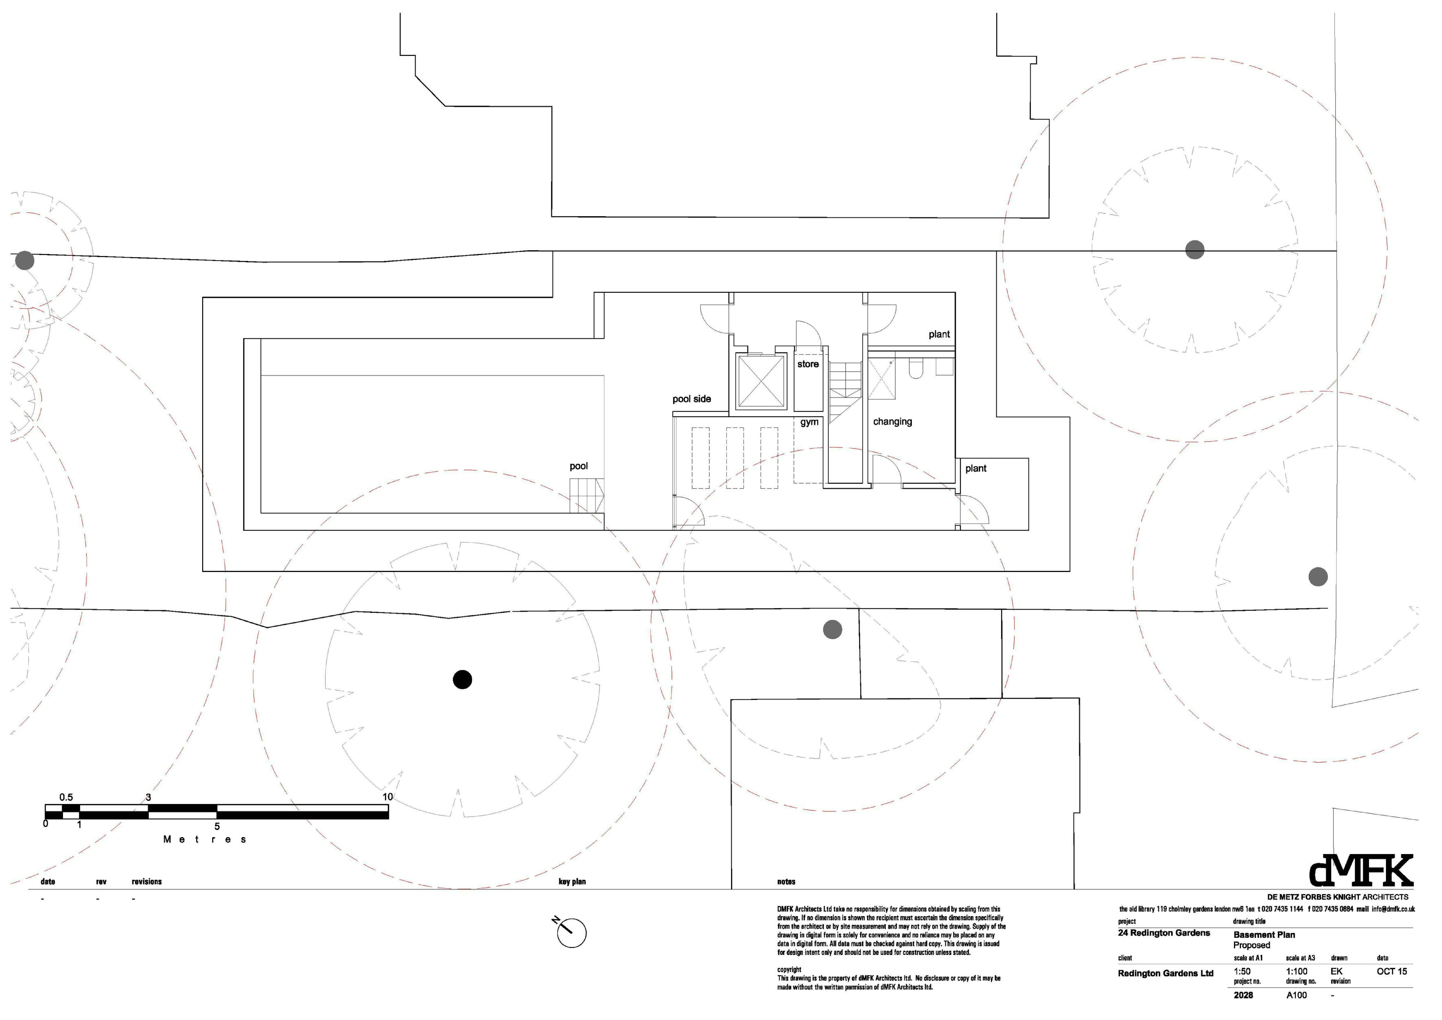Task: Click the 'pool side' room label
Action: (x=692, y=399)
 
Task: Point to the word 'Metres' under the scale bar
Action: (x=205, y=840)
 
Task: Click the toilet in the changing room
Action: (x=915, y=369)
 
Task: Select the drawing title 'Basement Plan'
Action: (x=1264, y=935)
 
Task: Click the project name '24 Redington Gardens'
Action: (x=1164, y=933)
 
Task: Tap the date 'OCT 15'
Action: (x=1392, y=972)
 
